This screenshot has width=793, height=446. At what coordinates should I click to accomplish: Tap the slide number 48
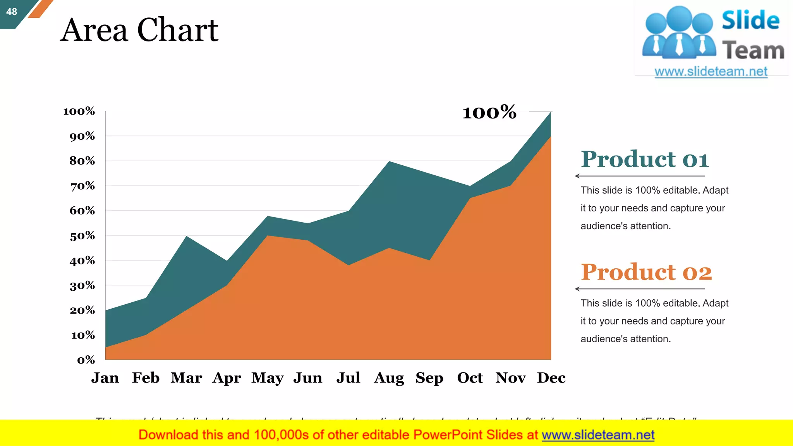(x=12, y=12)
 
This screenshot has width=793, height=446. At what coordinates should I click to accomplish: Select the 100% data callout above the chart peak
(x=489, y=112)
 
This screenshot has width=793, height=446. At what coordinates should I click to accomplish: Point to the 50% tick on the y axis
(x=82, y=236)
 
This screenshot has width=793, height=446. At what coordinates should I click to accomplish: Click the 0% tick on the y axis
(x=86, y=360)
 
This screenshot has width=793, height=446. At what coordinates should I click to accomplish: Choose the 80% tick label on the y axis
(x=82, y=161)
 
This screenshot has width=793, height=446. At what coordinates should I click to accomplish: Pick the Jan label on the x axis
(x=105, y=377)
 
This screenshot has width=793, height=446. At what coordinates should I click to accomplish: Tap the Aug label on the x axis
(x=389, y=378)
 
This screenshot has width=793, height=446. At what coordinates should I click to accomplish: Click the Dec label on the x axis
(x=551, y=377)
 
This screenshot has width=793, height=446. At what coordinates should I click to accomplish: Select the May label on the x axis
(x=267, y=378)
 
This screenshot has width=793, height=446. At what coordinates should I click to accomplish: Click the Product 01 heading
(x=645, y=159)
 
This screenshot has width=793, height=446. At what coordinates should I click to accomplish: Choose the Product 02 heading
(x=646, y=272)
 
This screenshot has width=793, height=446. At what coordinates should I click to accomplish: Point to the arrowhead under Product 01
(x=577, y=176)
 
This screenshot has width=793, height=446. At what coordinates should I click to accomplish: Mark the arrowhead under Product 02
(x=577, y=289)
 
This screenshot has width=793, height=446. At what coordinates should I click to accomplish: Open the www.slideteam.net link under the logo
(x=711, y=72)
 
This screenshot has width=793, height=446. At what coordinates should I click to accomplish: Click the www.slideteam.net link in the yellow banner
(x=598, y=435)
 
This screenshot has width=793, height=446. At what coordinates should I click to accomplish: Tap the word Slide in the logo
(x=750, y=20)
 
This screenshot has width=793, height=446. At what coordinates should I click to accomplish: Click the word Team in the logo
(x=753, y=51)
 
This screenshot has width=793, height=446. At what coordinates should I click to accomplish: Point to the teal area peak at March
(x=187, y=237)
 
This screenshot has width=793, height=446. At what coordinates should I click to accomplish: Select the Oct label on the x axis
(x=470, y=377)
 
